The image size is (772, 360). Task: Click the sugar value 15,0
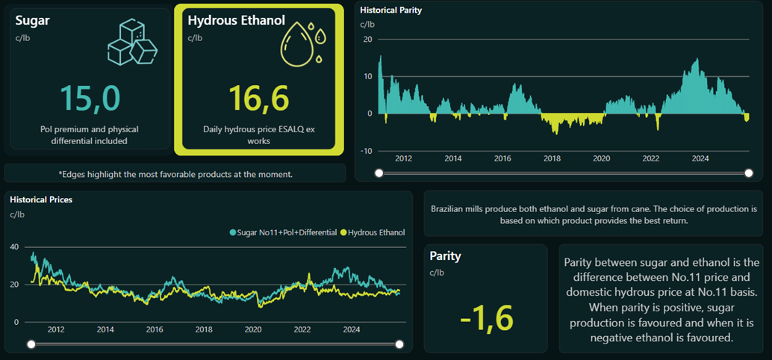pyautogui.click(x=90, y=99)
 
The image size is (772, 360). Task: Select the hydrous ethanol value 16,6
pyautogui.click(x=258, y=99)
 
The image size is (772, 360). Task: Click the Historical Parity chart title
pyautogui.click(x=390, y=10)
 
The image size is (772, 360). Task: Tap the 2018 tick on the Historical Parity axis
pyautogui.click(x=552, y=158)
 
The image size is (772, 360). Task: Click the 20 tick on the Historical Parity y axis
pyautogui.click(x=367, y=39)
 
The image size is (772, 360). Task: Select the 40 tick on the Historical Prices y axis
pyautogui.click(x=14, y=246)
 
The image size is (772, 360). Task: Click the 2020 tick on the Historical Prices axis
pyautogui.click(x=253, y=329)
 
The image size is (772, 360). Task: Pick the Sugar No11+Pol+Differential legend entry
pyautogui.click(x=283, y=233)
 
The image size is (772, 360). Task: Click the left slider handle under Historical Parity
pyautogui.click(x=379, y=173)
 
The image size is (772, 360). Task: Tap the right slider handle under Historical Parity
pyautogui.click(x=749, y=173)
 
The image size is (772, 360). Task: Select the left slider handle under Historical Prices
pyautogui.click(x=31, y=344)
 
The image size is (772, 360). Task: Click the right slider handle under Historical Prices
pyautogui.click(x=399, y=344)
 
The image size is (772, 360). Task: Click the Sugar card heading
pyautogui.click(x=32, y=20)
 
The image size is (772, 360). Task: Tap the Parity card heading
pyautogui.click(x=445, y=255)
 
